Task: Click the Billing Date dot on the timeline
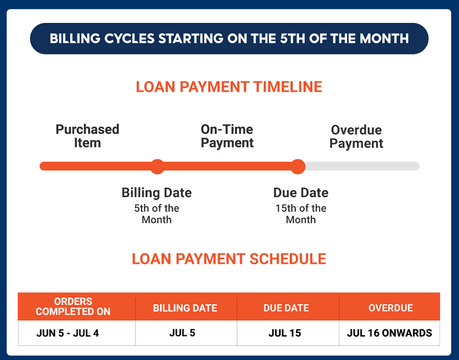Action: [157, 166]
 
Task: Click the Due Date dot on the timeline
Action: [298, 166]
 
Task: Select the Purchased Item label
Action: [87, 136]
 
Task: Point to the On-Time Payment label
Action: [227, 136]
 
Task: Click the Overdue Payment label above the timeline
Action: [356, 137]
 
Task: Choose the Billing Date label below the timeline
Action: [157, 193]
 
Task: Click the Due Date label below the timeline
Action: [301, 193]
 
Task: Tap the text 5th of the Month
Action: [157, 214]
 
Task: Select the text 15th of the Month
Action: [301, 214]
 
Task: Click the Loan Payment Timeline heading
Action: [229, 87]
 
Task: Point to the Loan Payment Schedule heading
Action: [229, 258]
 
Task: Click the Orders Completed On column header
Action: [73, 306]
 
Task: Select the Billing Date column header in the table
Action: [185, 308]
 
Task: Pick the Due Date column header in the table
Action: [286, 308]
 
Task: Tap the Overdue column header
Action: [390, 308]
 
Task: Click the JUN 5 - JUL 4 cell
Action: [68, 333]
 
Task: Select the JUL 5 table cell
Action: [183, 333]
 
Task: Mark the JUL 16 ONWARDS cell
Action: [389, 333]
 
